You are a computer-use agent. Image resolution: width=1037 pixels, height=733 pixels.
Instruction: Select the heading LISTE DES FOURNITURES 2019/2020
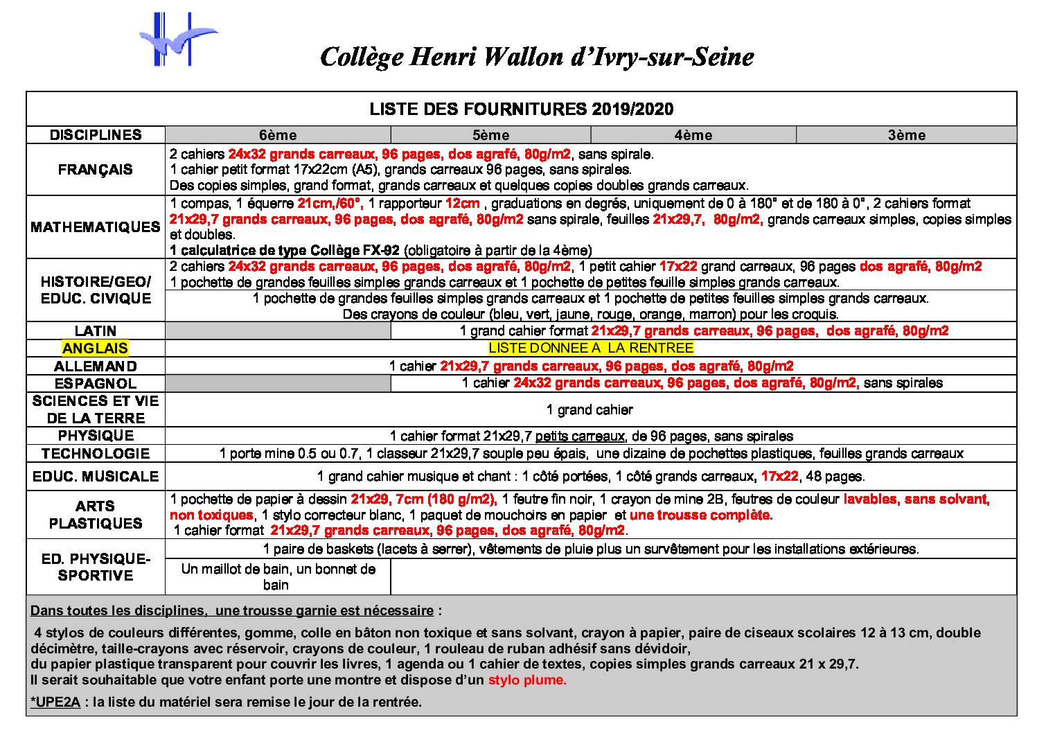[521, 109]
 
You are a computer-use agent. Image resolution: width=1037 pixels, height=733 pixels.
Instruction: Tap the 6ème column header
[278, 135]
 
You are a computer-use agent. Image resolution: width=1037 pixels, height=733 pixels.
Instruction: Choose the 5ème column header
[490, 135]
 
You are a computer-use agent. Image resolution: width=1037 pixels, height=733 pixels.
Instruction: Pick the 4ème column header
[693, 135]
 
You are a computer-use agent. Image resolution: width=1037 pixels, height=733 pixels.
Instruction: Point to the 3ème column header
[906, 135]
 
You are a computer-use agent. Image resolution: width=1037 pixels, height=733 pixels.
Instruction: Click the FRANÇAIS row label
[96, 170]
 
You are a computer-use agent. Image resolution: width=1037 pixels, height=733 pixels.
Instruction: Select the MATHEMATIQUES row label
[96, 227]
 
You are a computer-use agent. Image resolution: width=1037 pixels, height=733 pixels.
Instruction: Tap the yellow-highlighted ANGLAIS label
[96, 348]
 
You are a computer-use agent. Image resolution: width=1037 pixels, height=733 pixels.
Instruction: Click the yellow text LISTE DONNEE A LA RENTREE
[591, 348]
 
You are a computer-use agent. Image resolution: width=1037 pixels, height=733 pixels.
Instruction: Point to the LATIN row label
[96, 331]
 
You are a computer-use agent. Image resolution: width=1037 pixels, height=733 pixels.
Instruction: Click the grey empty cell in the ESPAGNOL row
[278, 383]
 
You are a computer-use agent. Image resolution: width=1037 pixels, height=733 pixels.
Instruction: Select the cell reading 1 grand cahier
[590, 410]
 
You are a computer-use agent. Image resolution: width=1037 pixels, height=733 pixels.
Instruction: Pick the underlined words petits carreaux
[580, 436]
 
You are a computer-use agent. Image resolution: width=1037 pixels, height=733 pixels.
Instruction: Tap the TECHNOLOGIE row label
[96, 454]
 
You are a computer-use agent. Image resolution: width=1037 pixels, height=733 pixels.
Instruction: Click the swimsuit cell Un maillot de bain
[278, 576]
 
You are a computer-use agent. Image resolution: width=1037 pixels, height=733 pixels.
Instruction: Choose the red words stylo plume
[527, 680]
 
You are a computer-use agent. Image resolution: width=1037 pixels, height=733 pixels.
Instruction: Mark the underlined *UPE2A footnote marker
[55, 702]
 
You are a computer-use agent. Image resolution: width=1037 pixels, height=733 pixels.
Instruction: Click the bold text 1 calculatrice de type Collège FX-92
[285, 250]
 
